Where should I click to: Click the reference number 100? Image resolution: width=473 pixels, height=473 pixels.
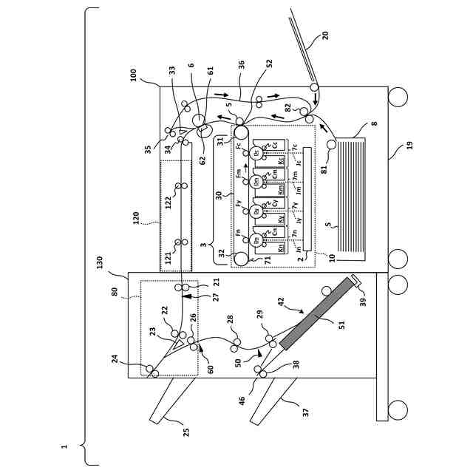134,75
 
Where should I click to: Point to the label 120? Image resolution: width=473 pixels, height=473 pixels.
135,218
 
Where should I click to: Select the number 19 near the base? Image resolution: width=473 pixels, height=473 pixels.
409,146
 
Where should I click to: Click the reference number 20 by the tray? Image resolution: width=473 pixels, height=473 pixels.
324,35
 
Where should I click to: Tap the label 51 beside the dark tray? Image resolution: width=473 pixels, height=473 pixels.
341,323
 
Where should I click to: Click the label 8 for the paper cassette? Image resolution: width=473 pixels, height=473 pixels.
374,123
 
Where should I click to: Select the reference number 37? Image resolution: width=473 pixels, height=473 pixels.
305,412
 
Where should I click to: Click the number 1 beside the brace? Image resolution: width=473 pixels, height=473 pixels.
64,446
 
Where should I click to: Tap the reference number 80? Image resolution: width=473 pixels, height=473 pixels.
115,291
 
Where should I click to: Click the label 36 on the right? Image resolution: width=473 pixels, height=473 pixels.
241,65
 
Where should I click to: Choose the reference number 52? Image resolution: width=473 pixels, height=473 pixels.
269,64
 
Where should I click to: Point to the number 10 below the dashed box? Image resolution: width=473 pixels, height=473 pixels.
332,258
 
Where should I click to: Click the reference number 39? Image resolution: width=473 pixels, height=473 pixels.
362,301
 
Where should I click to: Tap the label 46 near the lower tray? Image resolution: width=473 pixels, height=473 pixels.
242,400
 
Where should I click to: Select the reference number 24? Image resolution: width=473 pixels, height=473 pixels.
115,358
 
